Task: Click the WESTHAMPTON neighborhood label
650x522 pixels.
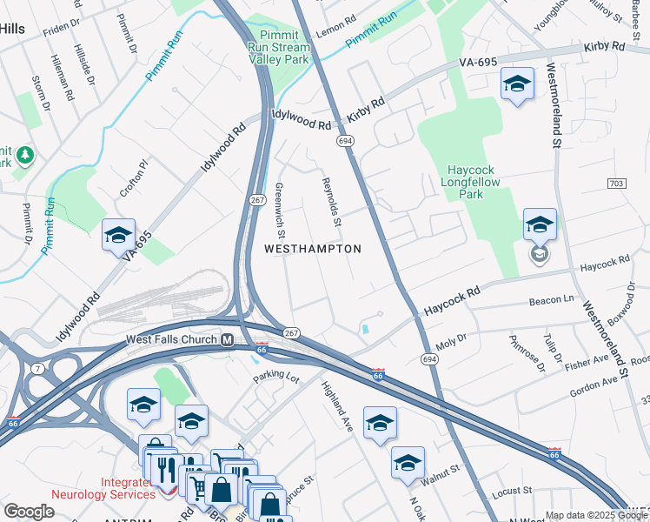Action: click(x=312, y=249)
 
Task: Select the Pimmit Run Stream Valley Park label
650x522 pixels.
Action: click(x=278, y=48)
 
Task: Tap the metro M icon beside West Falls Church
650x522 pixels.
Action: click(x=227, y=340)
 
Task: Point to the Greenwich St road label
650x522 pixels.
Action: click(x=280, y=209)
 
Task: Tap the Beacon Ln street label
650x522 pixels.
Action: click(x=547, y=301)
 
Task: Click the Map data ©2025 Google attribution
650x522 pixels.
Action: click(x=596, y=515)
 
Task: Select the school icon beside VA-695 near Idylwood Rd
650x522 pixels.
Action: click(x=118, y=235)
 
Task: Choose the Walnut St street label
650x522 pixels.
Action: click(x=441, y=472)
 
